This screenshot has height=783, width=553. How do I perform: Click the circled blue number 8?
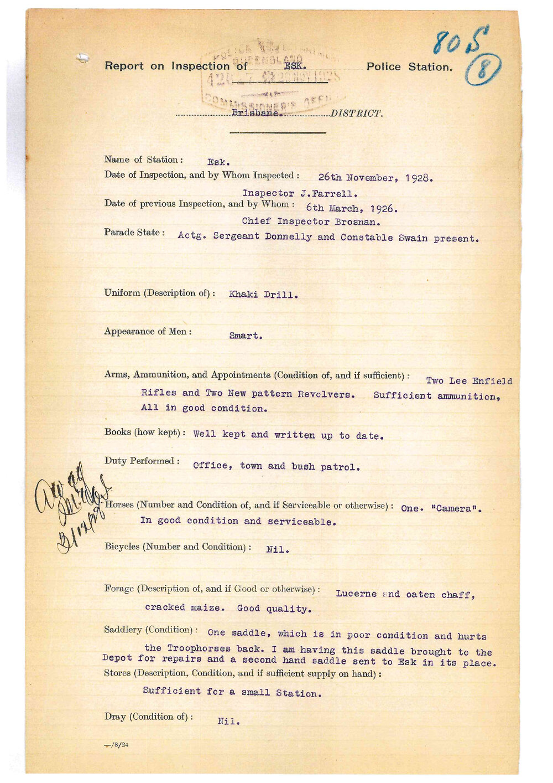483,71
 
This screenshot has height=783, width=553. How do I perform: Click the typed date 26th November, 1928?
375,178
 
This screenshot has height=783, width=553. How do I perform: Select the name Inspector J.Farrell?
300,193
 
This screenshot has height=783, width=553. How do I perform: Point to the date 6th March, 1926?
352,208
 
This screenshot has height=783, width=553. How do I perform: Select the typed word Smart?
246,336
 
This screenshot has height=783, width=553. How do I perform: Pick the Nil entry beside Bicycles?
277,550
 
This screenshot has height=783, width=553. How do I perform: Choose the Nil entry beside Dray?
228,721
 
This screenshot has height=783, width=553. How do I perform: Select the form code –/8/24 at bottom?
117,745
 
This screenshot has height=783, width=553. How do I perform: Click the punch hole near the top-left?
82,56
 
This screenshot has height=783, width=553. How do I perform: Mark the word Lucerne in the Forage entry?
356,594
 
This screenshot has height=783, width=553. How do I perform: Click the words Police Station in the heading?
409,67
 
